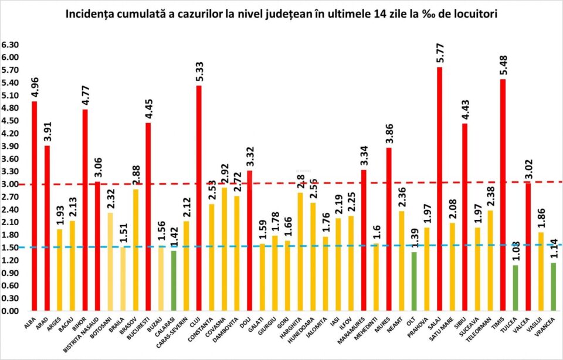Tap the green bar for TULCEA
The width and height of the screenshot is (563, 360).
(x=515, y=288)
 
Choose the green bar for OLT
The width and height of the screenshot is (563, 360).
(x=414, y=281)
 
